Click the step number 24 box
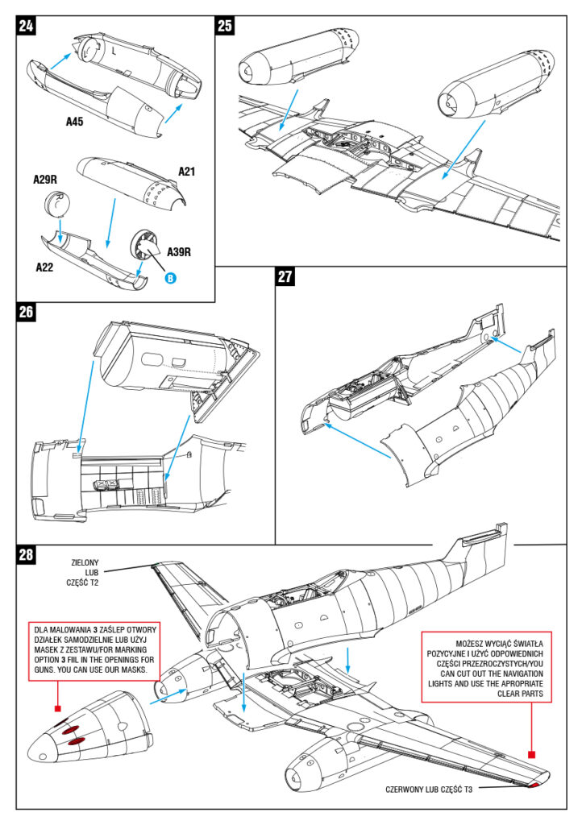tap(27, 26)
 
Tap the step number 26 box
tap(27, 312)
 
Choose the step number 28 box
tap(27, 554)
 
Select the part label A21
tap(186, 171)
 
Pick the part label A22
tap(48, 266)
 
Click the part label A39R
tap(179, 252)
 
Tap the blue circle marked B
tap(171, 279)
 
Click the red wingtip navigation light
tap(539, 781)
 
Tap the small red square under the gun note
tap(57, 708)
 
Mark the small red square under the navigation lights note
tap(532, 754)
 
